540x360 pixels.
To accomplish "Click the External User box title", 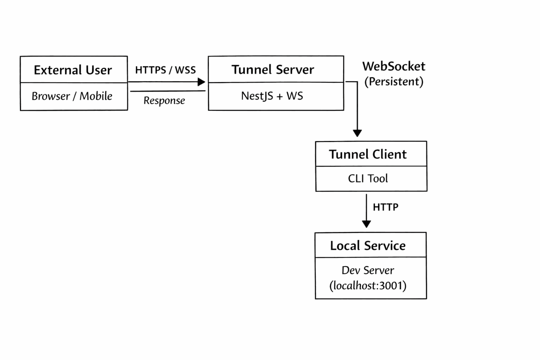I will (73, 70).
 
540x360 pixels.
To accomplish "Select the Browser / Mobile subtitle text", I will (72, 96).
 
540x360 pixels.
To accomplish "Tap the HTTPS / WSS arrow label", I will (165, 70).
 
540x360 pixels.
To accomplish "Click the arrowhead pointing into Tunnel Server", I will (201, 82).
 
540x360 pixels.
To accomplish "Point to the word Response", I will (164, 101).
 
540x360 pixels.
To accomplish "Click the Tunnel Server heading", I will (272, 70).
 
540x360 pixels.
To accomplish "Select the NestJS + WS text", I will (272, 96).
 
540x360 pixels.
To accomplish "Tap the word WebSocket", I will (394, 66).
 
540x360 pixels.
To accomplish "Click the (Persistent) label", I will (394, 82).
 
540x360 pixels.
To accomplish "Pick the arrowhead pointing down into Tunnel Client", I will (357, 133).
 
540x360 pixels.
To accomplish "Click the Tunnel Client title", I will (368, 154).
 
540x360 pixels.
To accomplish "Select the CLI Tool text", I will (368, 179).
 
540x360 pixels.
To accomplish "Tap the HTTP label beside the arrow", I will (386, 207).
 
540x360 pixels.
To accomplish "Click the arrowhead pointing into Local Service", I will (366, 224).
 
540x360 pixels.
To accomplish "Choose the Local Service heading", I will (368, 245).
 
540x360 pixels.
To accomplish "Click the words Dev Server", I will (368, 270).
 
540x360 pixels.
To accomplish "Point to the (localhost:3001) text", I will (368, 285).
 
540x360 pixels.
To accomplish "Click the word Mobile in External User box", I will (96, 96).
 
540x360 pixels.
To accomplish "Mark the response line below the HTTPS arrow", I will (168, 91).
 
